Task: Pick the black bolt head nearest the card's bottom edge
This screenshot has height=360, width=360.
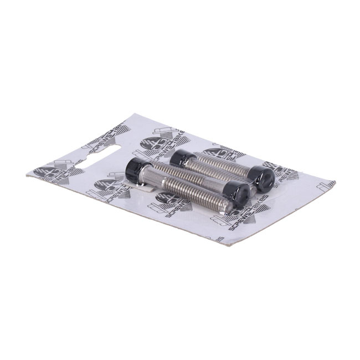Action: click(241, 194)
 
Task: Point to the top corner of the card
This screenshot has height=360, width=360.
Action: click(128, 115)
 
